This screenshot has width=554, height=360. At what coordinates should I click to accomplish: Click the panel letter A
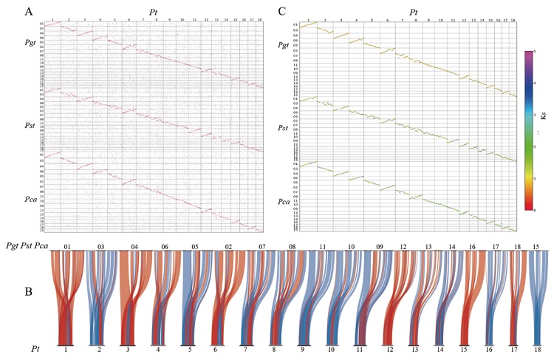27,13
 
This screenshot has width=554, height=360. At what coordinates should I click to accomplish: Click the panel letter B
27,291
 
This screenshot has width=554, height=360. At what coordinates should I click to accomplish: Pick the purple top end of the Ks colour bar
529,53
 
